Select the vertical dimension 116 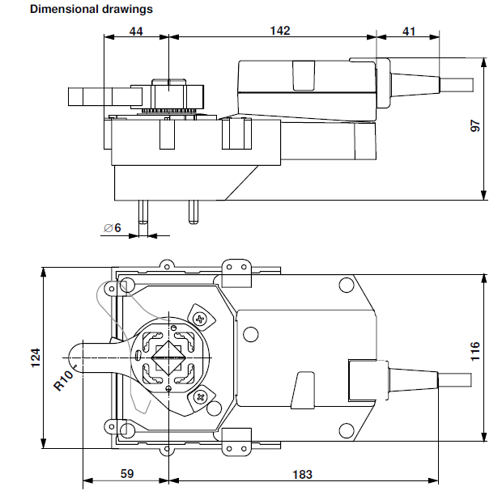[x=475, y=350]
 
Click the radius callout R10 [x=65, y=378]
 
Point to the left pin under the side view [x=143, y=211]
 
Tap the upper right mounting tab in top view [x=237, y=270]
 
